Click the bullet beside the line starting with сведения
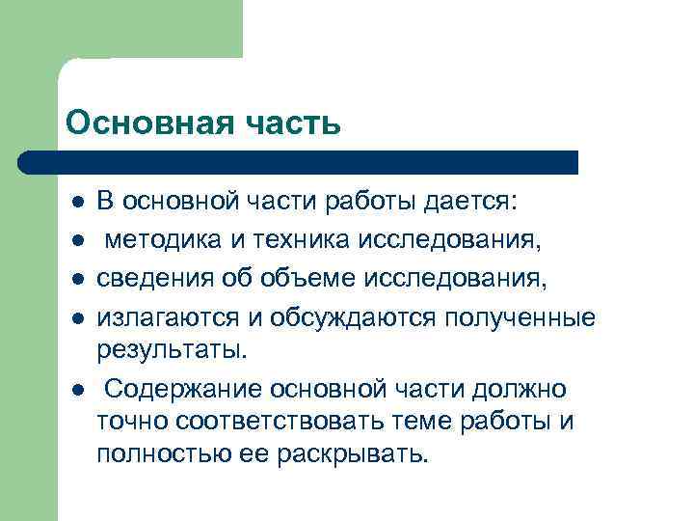76,280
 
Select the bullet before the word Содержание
76,390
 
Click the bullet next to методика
76,239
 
